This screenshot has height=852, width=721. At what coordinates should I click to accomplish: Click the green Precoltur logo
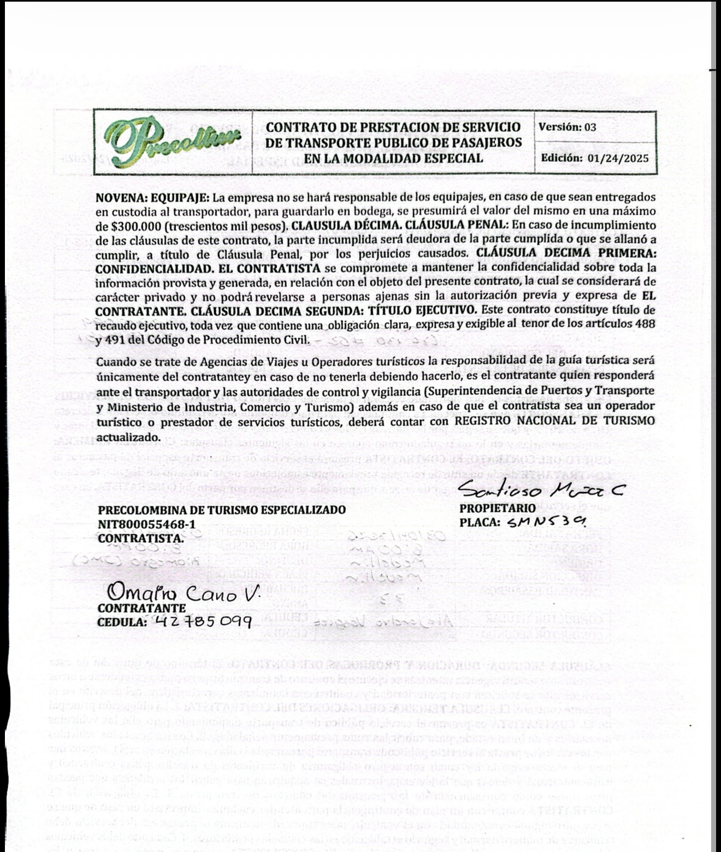coord(173,143)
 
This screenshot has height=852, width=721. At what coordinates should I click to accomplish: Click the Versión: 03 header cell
coord(568,127)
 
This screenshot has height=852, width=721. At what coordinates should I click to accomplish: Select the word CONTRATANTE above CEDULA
coord(141,608)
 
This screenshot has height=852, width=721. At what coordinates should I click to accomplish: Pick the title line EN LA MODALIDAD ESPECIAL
coord(394,158)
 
